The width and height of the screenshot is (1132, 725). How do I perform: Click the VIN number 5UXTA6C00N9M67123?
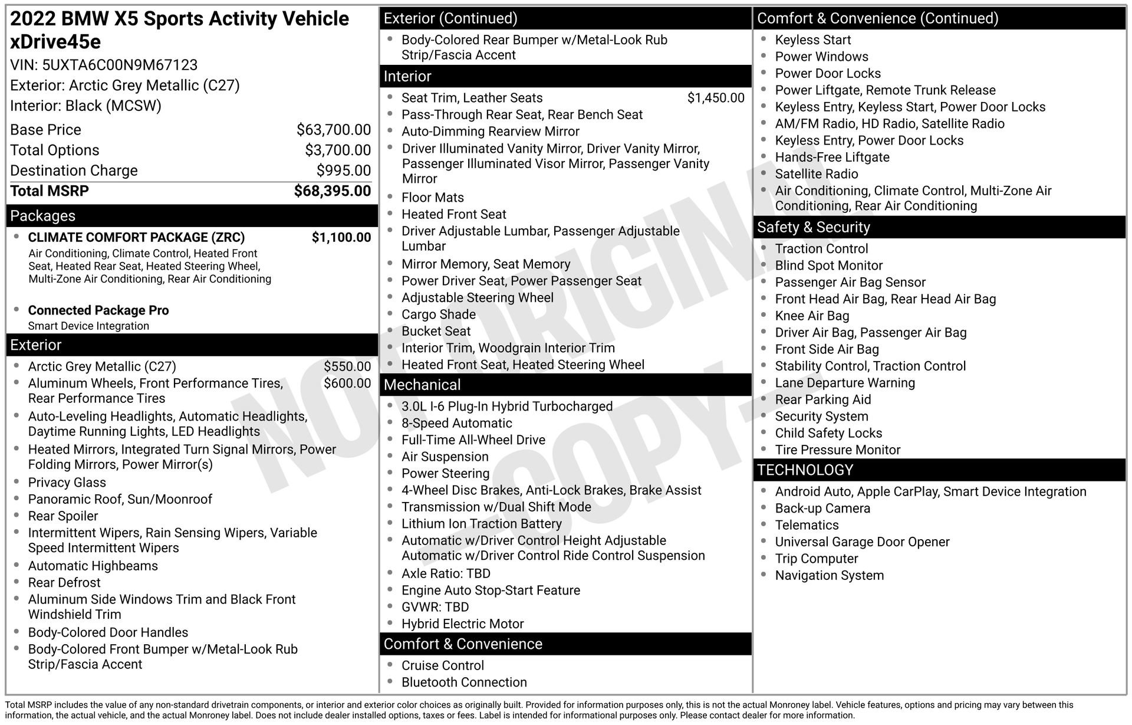pos(120,65)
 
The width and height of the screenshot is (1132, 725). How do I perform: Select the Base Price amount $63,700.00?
pos(334,130)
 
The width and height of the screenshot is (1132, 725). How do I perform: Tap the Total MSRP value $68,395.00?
pos(333,191)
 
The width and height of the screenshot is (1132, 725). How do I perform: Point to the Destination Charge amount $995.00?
pos(344,170)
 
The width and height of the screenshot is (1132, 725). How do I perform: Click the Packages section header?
pos(43,216)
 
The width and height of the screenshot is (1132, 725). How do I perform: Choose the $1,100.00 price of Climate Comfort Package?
pos(341,238)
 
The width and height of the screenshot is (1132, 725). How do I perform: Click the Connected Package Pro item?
pos(98,310)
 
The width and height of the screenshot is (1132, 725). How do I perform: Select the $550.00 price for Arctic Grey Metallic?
pos(347,367)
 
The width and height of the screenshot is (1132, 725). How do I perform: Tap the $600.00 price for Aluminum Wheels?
pos(347,383)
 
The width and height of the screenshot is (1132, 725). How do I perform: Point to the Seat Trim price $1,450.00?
pos(716,98)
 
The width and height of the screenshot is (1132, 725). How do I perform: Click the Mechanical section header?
pos(422,385)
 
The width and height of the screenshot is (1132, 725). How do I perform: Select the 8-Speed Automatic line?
pos(456,424)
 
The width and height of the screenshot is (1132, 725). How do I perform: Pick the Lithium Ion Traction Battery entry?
pos(481,524)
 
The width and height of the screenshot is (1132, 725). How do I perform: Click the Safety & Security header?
pos(813,228)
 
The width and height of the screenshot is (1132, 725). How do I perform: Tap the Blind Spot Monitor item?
pos(828,265)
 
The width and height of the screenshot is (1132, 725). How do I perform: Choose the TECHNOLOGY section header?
pos(805,470)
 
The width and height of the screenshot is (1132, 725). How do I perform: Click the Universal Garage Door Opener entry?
pos(862,542)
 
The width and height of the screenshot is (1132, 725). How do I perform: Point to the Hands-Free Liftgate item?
pos(832,158)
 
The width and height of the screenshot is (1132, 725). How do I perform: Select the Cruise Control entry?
pos(442,665)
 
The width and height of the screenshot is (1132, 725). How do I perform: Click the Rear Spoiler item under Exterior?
pos(63,516)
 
